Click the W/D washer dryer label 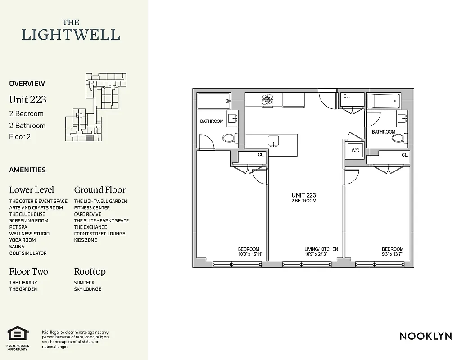[355, 150]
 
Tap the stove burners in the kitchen [267, 99]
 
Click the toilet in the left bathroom [228, 138]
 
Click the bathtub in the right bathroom [384, 101]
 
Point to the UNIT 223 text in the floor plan [303, 195]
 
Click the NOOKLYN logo [425, 336]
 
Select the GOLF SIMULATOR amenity [28, 253]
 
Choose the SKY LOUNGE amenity [87, 289]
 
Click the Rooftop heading [90, 271]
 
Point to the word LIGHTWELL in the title [71, 35]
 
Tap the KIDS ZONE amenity [86, 240]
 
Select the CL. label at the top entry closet [346, 96]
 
